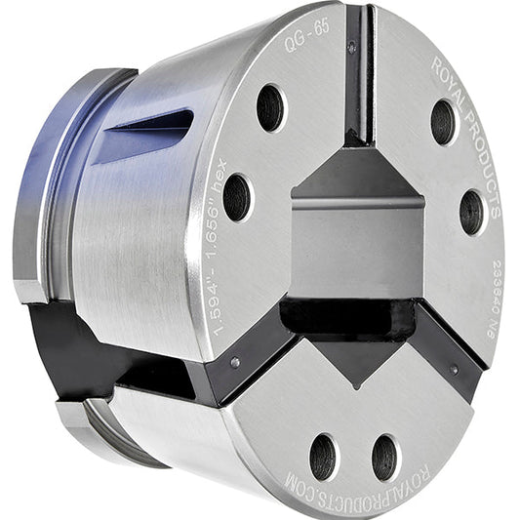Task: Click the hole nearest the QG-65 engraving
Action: (x=270, y=106)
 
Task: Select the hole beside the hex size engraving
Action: (x=236, y=197)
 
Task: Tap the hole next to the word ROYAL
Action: (x=444, y=121)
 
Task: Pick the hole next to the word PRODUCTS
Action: (x=472, y=211)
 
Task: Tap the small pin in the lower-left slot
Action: (x=236, y=363)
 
